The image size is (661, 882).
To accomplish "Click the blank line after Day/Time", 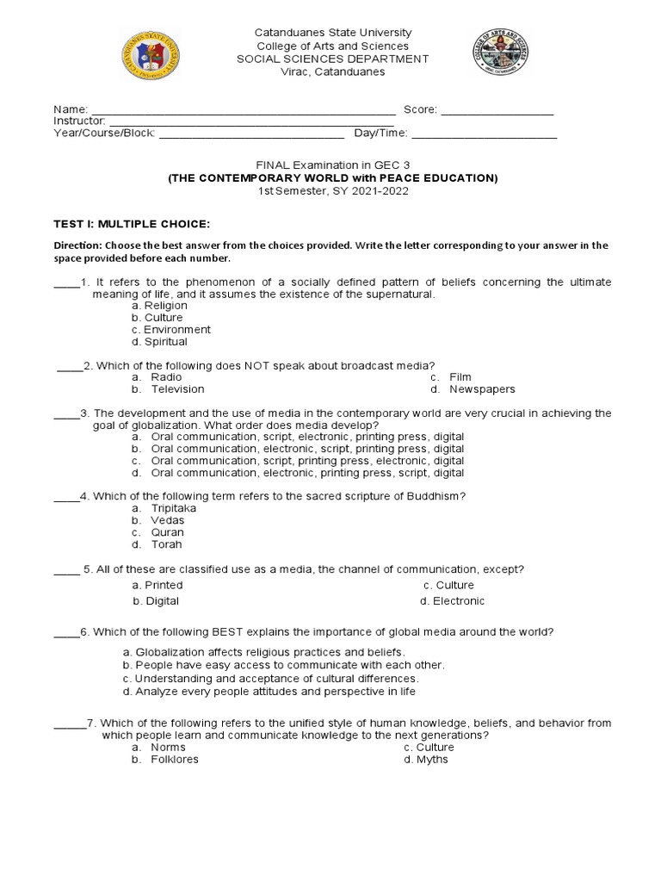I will point(485,135).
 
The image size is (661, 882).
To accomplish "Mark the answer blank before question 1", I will point(66,283).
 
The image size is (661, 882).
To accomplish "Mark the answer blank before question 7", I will point(69,724).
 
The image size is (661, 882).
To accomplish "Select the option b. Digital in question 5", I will point(156,601).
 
